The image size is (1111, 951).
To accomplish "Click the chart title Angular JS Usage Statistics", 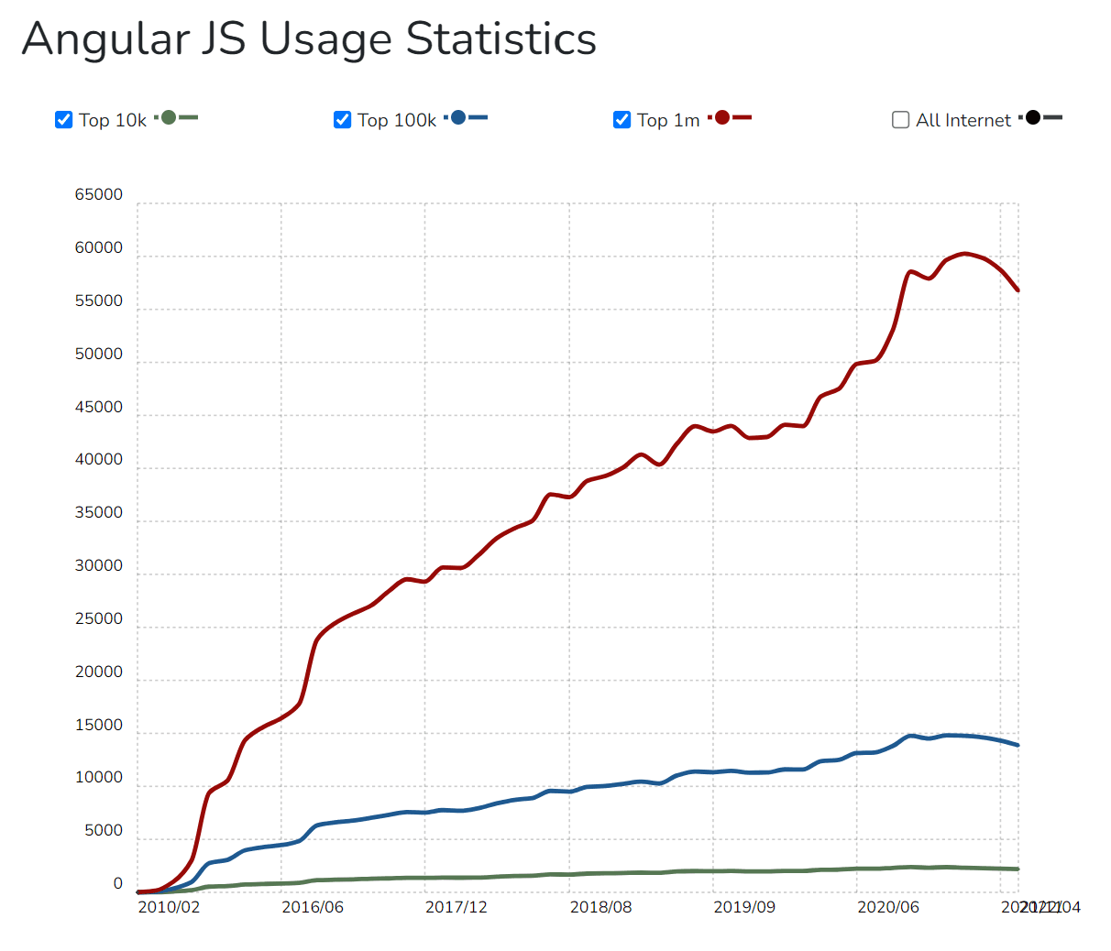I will tap(309, 39).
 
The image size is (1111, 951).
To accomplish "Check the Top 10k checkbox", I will tap(63, 120).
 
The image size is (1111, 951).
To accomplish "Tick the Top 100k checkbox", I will tap(342, 120).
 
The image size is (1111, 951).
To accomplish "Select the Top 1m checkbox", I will tap(621, 120).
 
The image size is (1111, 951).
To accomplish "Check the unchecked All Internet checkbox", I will tap(900, 120).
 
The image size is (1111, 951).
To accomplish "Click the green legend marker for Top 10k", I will tap(169, 117).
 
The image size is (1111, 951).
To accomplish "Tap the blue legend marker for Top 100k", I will tap(458, 117).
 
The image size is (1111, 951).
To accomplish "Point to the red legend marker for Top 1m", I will tap(722, 117).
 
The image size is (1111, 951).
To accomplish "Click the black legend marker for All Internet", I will tap(1033, 117).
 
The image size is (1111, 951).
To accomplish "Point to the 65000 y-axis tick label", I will tap(98, 194).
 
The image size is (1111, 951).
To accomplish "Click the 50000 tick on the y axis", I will tap(98, 354).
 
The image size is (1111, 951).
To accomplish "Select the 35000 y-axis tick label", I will tap(98, 513).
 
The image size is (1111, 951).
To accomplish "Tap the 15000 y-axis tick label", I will tap(98, 725).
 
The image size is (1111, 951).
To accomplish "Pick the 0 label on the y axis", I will tap(117, 884).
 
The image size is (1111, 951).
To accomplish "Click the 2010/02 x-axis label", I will tap(169, 907).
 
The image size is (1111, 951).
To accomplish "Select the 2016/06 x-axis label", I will tap(313, 907).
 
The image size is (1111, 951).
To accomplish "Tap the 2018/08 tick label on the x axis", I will tap(600, 907).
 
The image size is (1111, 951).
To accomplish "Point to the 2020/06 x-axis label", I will tap(888, 907).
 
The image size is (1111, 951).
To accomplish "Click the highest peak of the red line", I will tap(963, 254).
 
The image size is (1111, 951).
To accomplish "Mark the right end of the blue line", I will tap(1017, 745).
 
